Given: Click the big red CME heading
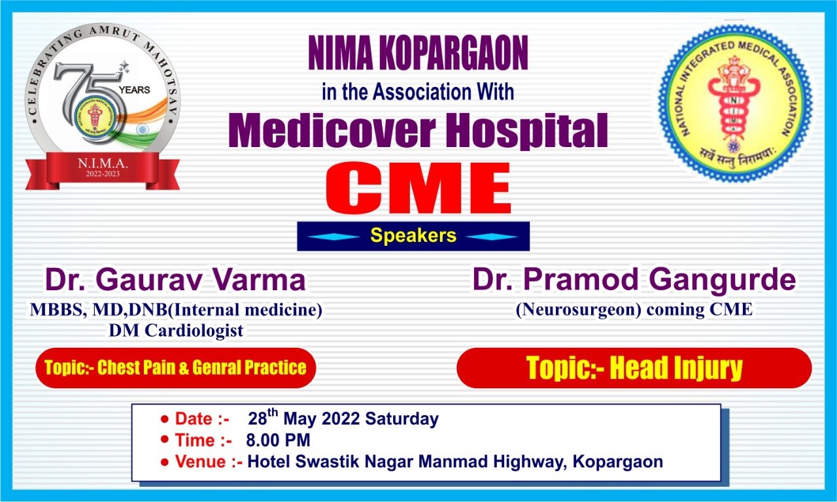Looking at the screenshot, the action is click(418, 188).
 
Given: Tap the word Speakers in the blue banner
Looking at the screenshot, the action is click(413, 236).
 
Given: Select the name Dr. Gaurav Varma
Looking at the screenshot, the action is click(175, 279).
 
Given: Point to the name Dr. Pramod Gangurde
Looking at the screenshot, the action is click(634, 279).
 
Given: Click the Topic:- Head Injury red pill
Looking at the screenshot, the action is click(634, 368).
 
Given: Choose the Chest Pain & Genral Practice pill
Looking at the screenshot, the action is click(176, 368).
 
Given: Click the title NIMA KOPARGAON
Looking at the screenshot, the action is click(418, 53).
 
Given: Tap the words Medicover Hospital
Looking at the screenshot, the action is click(418, 131).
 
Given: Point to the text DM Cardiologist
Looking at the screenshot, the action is click(176, 331).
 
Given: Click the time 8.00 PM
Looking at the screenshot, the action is click(278, 441).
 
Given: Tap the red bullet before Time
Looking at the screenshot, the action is click(164, 439).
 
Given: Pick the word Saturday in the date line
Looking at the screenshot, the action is click(401, 419).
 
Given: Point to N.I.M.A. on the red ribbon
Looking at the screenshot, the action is click(103, 163).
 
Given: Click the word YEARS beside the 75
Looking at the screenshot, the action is click(134, 90).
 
